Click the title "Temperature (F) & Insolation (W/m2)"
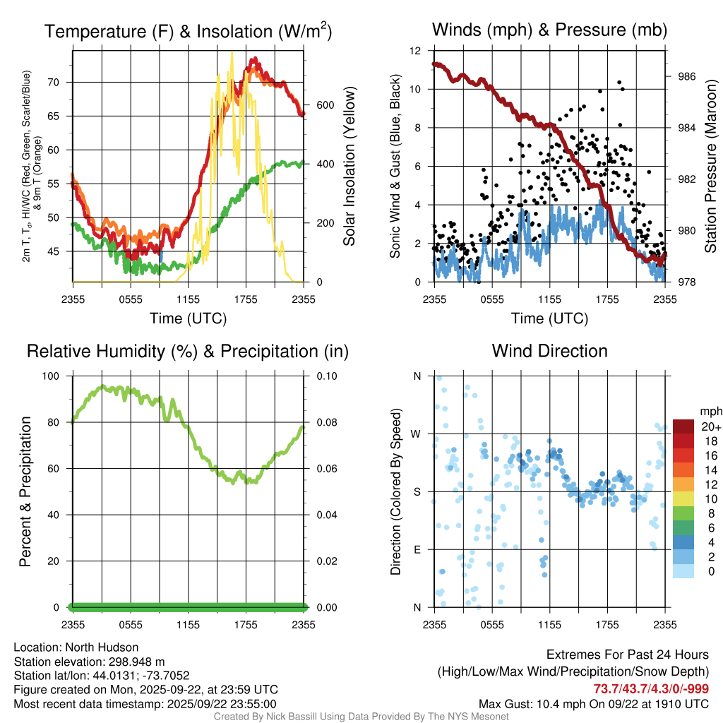[188, 31]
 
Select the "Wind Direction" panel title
[549, 351]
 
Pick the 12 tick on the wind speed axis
[417, 51]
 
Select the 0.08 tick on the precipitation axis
[326, 422]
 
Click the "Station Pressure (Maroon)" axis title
[711, 169]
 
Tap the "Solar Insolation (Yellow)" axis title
[349, 167]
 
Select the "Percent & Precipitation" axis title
[25, 491]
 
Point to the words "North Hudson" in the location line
[107, 647]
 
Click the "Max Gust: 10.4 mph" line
[518, 704]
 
